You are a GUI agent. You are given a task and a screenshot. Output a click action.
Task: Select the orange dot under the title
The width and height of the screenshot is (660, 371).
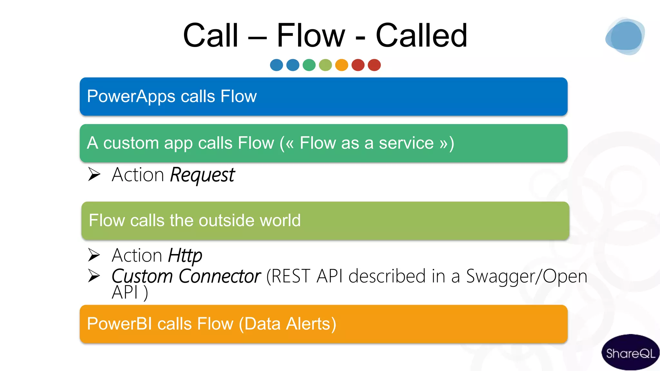click(342, 65)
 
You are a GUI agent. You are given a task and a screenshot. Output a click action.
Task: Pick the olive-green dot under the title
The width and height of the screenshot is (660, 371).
click(325, 65)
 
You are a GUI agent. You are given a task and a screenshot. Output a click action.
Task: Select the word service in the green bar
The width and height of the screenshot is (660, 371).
click(406, 143)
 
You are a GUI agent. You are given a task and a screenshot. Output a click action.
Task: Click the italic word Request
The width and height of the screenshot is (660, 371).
click(202, 175)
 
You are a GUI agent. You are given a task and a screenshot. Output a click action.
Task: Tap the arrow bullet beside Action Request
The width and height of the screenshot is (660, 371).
click(94, 174)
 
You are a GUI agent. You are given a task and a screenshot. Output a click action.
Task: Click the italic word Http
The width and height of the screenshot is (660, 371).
click(185, 256)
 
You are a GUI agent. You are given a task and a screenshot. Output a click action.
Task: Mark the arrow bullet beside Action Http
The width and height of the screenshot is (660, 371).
click(94, 255)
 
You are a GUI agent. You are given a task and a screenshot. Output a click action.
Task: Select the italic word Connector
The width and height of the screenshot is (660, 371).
click(219, 276)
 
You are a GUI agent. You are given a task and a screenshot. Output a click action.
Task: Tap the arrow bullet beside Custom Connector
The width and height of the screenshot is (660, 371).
click(94, 276)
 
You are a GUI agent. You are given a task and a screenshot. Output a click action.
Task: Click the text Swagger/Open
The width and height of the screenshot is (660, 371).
click(527, 276)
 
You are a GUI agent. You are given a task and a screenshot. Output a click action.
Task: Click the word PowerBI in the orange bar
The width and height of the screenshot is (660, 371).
click(119, 324)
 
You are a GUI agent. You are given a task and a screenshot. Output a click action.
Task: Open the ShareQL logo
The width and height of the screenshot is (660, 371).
click(630, 353)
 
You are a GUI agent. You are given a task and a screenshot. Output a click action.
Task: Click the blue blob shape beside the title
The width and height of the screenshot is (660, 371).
click(625, 36)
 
